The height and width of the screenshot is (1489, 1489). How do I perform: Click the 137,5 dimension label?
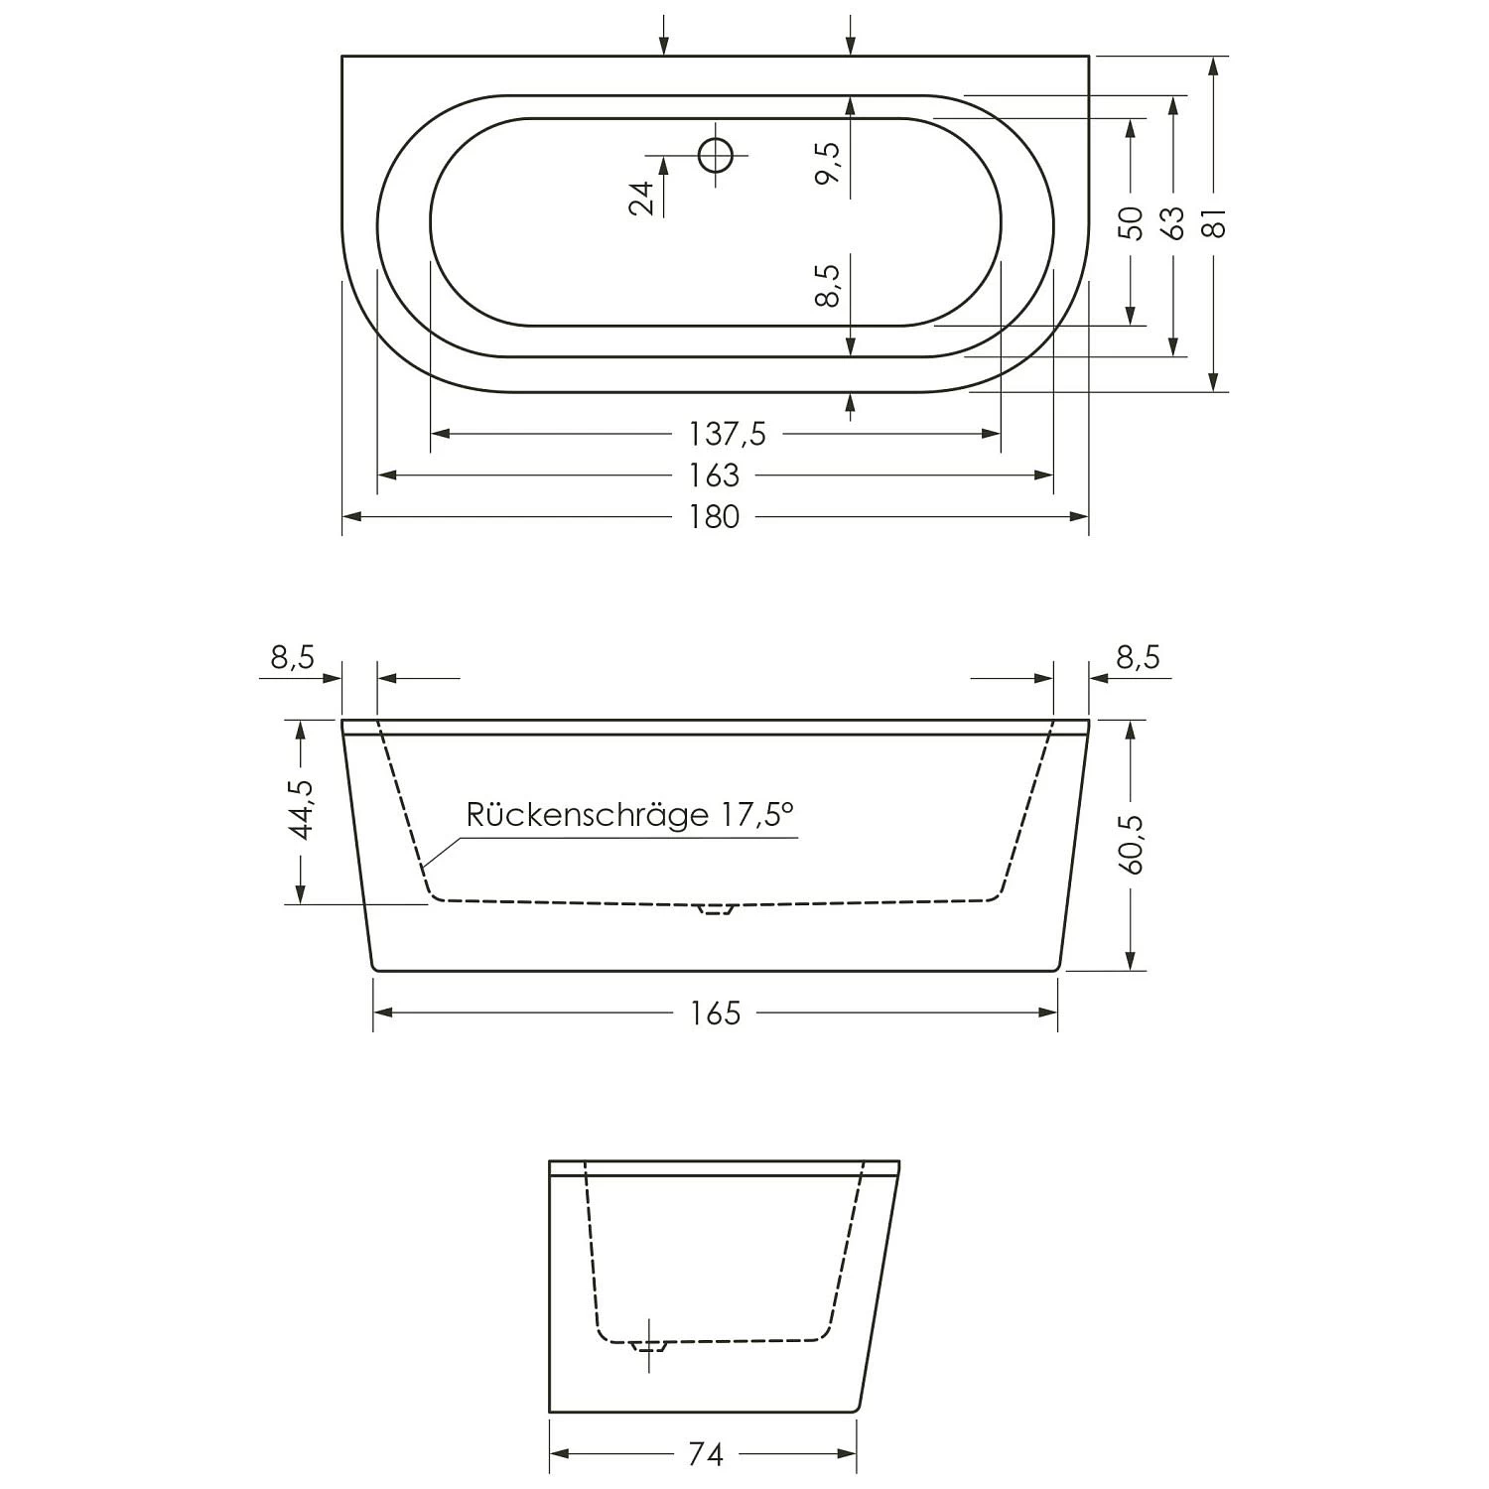coord(727,434)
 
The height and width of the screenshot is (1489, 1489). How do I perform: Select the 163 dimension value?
coord(716,475)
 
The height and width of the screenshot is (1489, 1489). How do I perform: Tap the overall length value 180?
coord(716,517)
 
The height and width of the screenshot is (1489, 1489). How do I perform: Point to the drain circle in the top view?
coord(715,155)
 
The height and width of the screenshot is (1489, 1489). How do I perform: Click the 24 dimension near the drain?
coord(643,198)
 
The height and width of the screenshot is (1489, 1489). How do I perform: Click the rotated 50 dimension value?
coord(1131,223)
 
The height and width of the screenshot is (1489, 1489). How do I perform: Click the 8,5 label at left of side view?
coord(292,657)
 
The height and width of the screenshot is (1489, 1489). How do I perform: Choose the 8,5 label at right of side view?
coord(1138,657)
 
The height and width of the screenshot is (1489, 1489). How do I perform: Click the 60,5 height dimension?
coord(1132,844)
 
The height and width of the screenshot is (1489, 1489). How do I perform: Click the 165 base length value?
coord(716,1013)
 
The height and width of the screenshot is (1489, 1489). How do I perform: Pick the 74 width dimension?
coord(705,1454)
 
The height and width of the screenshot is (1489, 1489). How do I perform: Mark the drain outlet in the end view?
coord(649,1346)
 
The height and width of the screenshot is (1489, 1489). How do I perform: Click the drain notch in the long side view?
coord(715,907)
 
